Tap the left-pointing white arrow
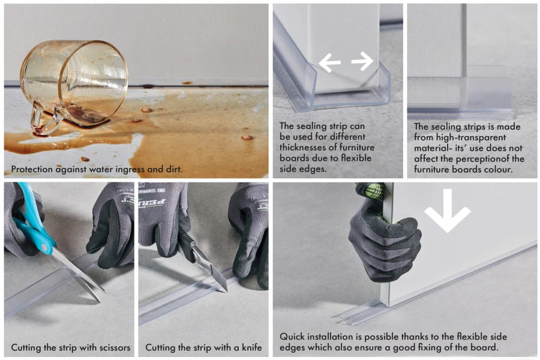coord(329,62)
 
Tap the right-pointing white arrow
coord(362,61)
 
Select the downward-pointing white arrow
coord(448,210)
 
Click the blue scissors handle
coord(33,220)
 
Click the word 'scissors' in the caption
coord(115,347)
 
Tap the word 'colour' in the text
coord(498,169)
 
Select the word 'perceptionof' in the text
coord(482,159)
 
